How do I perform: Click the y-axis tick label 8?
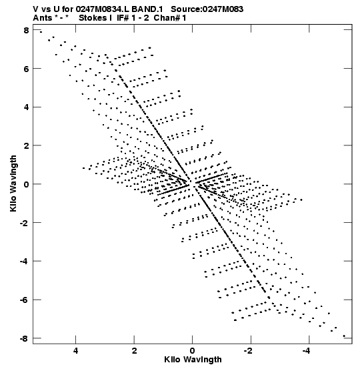26,30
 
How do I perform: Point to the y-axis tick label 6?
26,69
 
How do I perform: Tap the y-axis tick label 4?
26,107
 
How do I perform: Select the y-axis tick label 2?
26,145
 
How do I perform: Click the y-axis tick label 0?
26,184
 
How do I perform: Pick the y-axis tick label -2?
24,223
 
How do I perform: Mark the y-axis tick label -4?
24,261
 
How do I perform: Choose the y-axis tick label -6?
24,300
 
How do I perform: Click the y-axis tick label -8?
24,338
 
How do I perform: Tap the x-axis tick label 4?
75,351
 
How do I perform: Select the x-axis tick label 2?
134,351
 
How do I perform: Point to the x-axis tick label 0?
193,351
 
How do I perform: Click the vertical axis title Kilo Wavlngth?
13,183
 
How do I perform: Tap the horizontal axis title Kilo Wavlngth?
193,360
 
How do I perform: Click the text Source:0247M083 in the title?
207,9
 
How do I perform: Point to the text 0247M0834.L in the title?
102,9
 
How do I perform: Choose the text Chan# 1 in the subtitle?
170,18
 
